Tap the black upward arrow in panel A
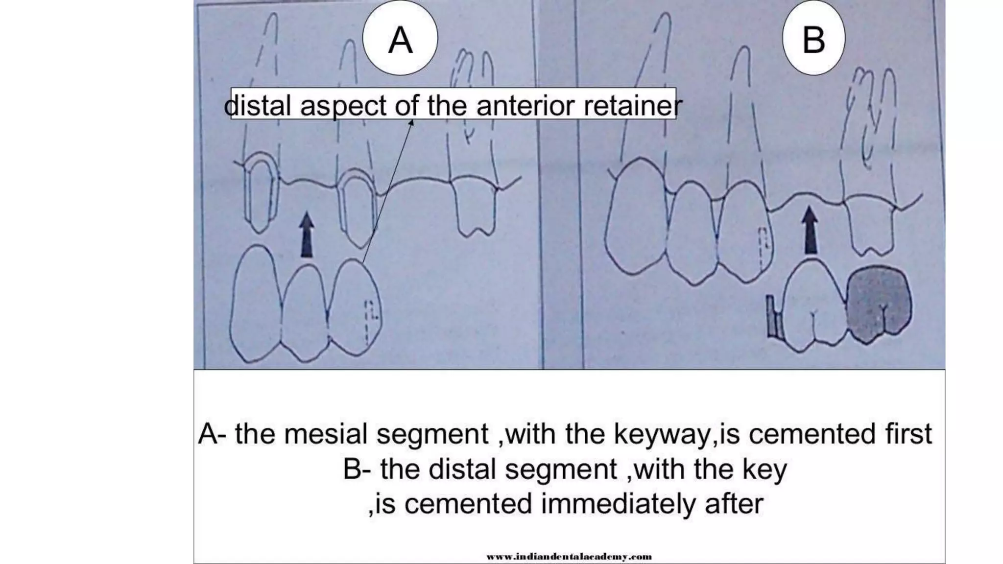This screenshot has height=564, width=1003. pos(307,235)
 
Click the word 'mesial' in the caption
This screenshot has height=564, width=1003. pos(326,434)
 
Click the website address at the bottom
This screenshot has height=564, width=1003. pos(569,556)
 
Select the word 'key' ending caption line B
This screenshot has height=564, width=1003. pos(764,469)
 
